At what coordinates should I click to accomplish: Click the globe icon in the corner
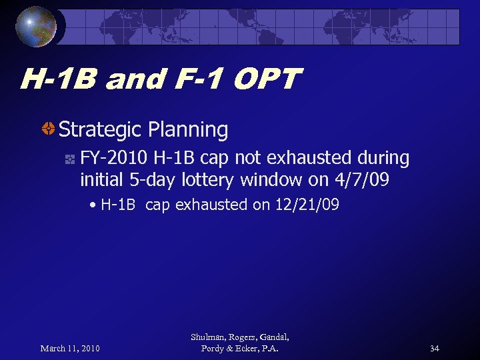(x=37, y=26)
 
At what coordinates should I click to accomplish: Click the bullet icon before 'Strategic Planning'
(x=49, y=129)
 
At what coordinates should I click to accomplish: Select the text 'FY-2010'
(x=114, y=159)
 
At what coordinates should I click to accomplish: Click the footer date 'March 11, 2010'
(x=70, y=349)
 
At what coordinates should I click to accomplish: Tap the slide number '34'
(x=434, y=349)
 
